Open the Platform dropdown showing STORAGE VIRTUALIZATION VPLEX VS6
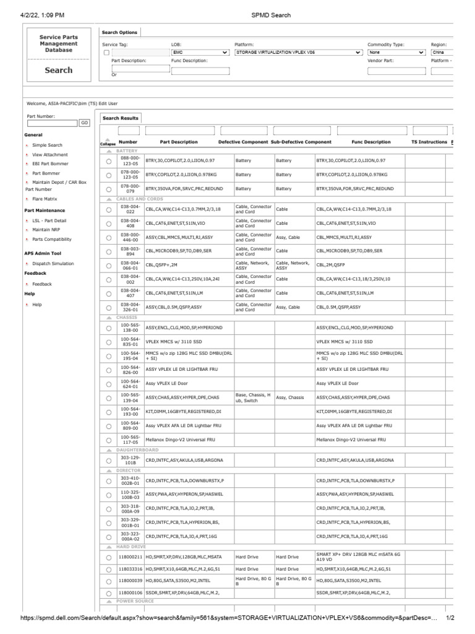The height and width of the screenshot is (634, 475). [298, 53]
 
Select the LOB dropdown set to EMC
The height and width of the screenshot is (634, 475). [200, 53]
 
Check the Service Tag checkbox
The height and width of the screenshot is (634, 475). [106, 53]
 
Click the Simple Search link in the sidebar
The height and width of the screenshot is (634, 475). [47, 145]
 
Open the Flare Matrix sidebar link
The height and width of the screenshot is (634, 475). [45, 199]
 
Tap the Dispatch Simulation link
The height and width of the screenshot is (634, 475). [53, 263]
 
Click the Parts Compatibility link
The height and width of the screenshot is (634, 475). [52, 239]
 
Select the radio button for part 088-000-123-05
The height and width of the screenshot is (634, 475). [109, 160]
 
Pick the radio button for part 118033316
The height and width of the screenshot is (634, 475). [109, 569]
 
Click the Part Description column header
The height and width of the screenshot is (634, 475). [179, 142]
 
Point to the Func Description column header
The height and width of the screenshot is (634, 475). [371, 142]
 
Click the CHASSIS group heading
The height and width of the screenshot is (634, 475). [127, 317]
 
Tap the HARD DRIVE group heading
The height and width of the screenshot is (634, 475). [131, 547]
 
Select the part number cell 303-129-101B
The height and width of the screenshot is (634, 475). [131, 461]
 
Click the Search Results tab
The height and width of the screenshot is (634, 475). [121, 118]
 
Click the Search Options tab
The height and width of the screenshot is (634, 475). [120, 32]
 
